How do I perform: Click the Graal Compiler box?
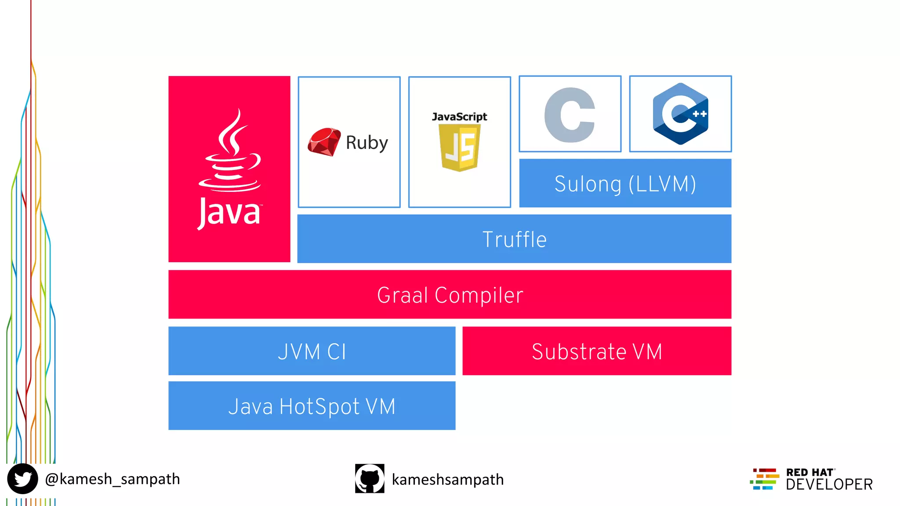[x=450, y=295]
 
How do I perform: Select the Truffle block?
[x=514, y=239]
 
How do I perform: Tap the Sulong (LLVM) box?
[x=625, y=184]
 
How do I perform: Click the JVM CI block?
[x=312, y=351]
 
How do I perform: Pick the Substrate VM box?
[x=596, y=351]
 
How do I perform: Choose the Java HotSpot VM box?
[x=312, y=406]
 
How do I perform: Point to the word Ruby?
[x=367, y=143]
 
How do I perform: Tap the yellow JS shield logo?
[x=460, y=148]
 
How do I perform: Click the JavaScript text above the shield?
[x=459, y=117]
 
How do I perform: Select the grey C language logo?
[x=570, y=115]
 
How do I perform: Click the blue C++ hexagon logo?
[x=680, y=114]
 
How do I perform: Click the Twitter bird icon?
[x=22, y=479]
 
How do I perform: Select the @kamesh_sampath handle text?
[x=112, y=479]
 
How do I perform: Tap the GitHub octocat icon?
[x=370, y=479]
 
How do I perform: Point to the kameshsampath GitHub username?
[x=447, y=479]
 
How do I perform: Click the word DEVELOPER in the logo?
[x=829, y=484]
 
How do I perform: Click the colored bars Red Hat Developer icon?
[x=765, y=479]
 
